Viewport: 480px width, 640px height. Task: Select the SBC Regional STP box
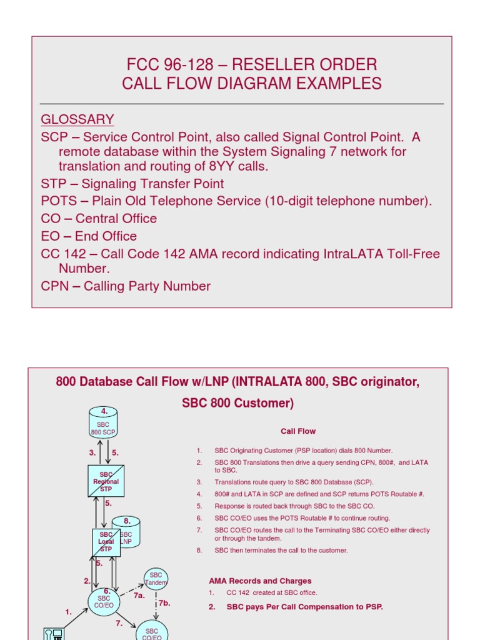tap(106, 481)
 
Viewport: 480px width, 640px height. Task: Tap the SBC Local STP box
tap(106, 542)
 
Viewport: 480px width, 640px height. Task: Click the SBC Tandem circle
tap(156, 579)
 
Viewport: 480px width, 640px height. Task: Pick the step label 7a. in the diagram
tap(139, 596)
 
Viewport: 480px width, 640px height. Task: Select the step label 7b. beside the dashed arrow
tap(164, 603)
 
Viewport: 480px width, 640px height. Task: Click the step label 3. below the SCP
tap(92, 452)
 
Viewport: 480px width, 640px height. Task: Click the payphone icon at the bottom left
tap(54, 634)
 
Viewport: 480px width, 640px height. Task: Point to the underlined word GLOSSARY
tap(77, 119)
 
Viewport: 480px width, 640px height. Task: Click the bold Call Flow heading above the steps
tap(298, 431)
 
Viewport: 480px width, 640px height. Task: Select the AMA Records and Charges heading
tap(260, 581)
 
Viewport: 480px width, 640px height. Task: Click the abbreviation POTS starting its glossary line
tap(58, 201)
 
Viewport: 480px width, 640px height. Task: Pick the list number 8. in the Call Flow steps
tap(199, 551)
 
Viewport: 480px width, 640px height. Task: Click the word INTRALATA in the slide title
tap(270, 382)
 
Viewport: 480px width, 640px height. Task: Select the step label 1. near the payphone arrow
tap(69, 612)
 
